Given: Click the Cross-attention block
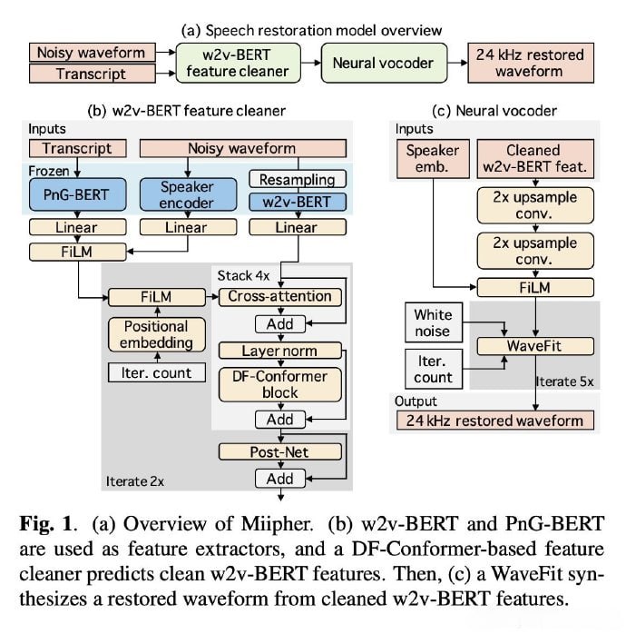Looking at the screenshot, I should [279, 296].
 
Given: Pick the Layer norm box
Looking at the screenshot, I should [279, 351].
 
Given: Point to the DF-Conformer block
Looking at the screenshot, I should [279, 384].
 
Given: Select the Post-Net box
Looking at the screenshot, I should [279, 451].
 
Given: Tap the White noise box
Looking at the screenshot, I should [433, 322].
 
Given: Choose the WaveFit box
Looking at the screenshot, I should [534, 346].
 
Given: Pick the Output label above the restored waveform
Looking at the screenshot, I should [416, 401].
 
